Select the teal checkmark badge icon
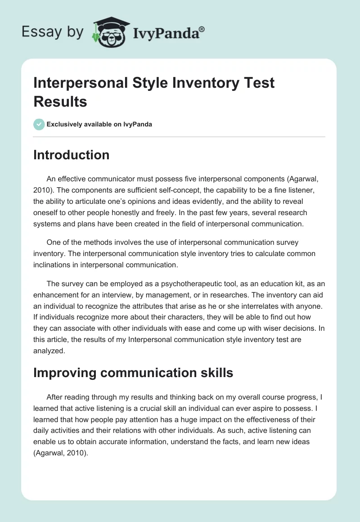coord(39,124)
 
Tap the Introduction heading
coord(72,155)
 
